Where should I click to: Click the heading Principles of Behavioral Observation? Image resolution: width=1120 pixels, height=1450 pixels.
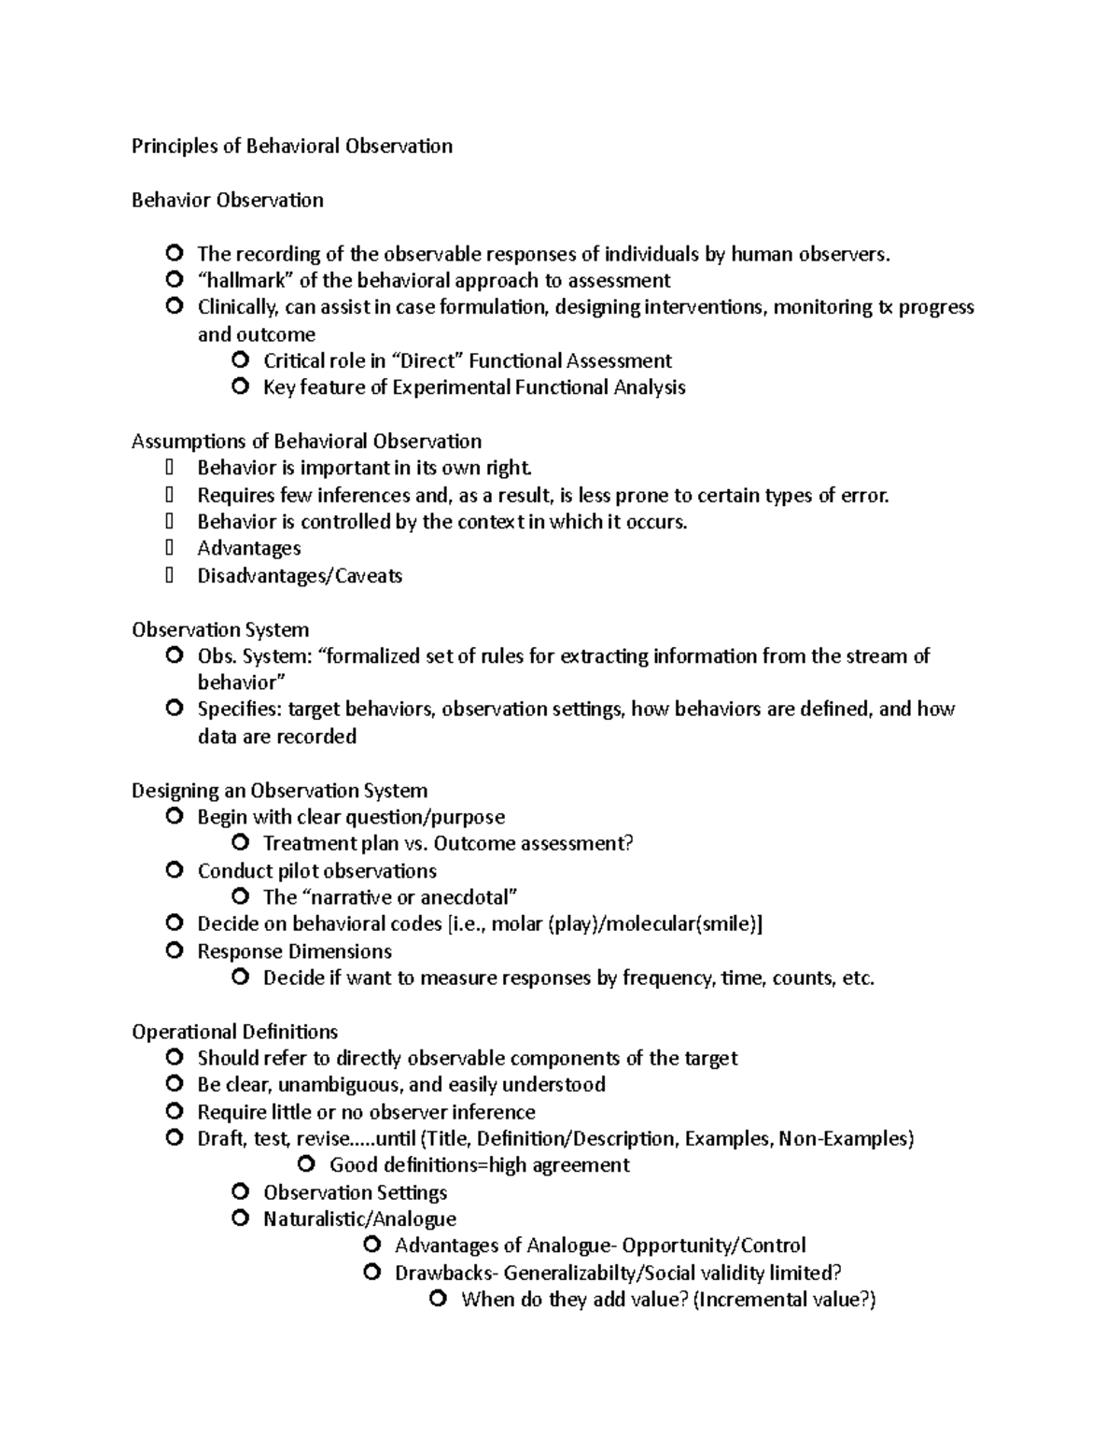[292, 146]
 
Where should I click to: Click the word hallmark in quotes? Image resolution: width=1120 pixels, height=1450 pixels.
[245, 280]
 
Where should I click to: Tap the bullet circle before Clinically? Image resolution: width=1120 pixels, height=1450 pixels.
[174, 306]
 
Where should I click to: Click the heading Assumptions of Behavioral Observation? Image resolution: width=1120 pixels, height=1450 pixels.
[306, 441]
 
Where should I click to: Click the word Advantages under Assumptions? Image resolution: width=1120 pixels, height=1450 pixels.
[248, 548]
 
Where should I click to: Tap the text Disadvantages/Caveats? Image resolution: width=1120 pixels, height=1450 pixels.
[300, 575]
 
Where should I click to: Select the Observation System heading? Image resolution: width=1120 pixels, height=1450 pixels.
[220, 629]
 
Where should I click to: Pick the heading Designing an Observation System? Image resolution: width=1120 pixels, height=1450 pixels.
[279, 791]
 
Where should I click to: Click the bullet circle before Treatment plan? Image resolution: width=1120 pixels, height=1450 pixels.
[241, 843]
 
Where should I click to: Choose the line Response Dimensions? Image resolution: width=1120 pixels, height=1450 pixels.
[294, 951]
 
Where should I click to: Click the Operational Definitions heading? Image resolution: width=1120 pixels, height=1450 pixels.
[234, 1032]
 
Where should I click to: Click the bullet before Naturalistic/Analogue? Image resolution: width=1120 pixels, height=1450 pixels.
[241, 1218]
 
